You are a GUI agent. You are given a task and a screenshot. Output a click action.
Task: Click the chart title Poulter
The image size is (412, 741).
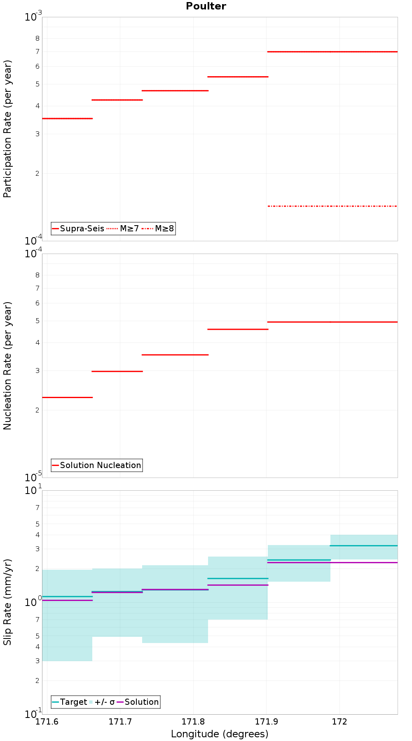click(206, 6)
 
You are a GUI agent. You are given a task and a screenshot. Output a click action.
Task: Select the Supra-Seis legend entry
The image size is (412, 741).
click(78, 228)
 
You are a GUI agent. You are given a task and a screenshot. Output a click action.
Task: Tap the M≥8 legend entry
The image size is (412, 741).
click(158, 228)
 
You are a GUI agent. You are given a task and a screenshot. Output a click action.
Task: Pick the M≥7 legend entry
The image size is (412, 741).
click(123, 228)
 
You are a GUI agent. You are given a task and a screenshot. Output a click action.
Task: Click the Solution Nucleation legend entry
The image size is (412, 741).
click(97, 465)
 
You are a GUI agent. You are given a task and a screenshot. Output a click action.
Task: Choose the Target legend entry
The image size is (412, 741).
click(69, 702)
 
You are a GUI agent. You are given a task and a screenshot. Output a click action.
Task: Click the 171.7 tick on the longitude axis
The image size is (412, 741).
click(120, 721)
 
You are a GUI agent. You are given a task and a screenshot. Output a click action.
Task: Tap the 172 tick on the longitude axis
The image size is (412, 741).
click(339, 721)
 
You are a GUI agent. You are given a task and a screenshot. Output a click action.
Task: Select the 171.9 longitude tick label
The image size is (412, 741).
click(266, 721)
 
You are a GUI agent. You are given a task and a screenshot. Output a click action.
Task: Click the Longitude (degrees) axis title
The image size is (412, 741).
click(220, 734)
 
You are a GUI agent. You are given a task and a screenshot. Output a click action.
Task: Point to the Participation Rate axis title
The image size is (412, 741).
click(7, 129)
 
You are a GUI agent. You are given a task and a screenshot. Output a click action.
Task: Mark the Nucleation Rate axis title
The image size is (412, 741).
click(7, 366)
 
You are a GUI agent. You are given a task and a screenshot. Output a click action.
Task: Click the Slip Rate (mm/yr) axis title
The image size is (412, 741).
click(7, 602)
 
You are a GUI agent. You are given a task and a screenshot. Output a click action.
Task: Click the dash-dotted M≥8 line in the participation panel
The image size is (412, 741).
click(332, 206)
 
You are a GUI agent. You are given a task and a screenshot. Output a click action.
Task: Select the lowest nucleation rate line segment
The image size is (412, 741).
click(67, 397)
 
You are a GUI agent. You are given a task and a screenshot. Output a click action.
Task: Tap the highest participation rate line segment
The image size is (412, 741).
click(332, 51)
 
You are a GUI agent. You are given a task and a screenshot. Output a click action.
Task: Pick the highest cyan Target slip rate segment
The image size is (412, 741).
click(364, 545)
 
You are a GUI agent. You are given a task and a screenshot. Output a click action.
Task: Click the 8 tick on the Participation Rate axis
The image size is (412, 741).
click(37, 38)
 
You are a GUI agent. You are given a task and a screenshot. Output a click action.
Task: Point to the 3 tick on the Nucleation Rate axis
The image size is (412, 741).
click(37, 370)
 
